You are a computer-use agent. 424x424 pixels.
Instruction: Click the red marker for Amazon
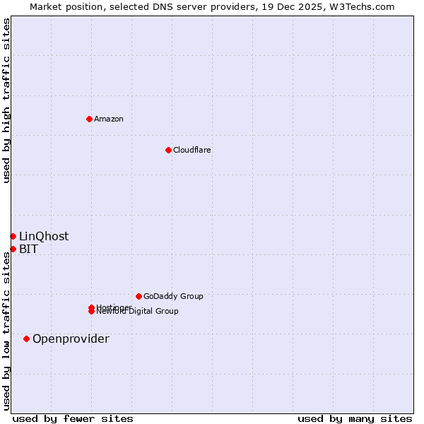click(x=89, y=119)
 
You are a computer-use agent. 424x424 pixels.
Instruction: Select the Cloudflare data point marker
click(x=168, y=150)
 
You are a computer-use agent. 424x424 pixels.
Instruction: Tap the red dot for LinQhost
click(x=13, y=236)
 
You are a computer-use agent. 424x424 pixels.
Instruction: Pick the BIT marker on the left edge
click(x=13, y=249)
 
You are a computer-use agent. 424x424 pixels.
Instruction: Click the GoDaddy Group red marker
click(x=139, y=296)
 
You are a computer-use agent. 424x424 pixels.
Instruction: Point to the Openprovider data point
click(x=26, y=338)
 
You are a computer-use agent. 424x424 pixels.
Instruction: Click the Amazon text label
click(x=108, y=119)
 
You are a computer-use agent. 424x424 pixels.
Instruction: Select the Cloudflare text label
click(x=192, y=150)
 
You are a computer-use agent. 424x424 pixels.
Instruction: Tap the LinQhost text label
click(x=44, y=236)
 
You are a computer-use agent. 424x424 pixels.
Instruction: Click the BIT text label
click(x=28, y=249)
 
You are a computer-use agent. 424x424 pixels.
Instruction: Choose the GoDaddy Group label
click(x=172, y=296)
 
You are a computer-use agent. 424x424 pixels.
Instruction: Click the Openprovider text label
click(x=71, y=338)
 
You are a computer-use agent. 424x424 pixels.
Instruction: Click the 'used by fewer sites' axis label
click(x=73, y=418)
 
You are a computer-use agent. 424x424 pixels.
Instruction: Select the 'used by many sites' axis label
click(x=355, y=418)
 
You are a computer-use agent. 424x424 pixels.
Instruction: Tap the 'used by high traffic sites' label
click(x=6, y=100)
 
